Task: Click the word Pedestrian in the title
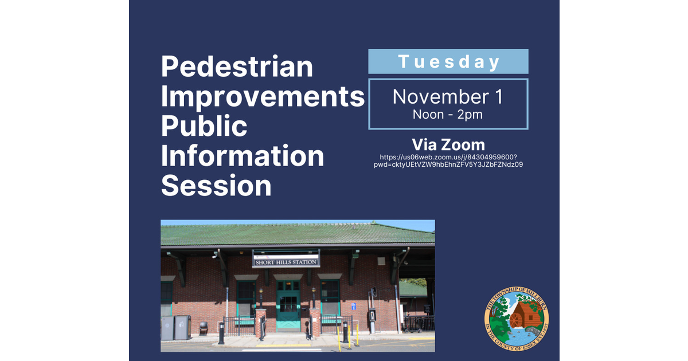pyautogui.click(x=237, y=66)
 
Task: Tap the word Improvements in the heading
pyautogui.click(x=263, y=96)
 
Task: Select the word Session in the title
pyautogui.click(x=216, y=186)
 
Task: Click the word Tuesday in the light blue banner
pyautogui.click(x=448, y=61)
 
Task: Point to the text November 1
pyautogui.click(x=447, y=97)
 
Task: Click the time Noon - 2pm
pyautogui.click(x=447, y=115)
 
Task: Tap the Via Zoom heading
pyautogui.click(x=448, y=144)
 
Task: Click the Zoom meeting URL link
pyautogui.click(x=448, y=160)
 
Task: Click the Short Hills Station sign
pyautogui.click(x=286, y=262)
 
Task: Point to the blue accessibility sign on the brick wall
pyautogui.click(x=353, y=307)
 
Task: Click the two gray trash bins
pyautogui.click(x=176, y=327)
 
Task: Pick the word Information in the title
pyautogui.click(x=243, y=156)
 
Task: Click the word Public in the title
pyautogui.click(x=204, y=126)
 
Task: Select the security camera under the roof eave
pyautogui.click(x=213, y=257)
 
